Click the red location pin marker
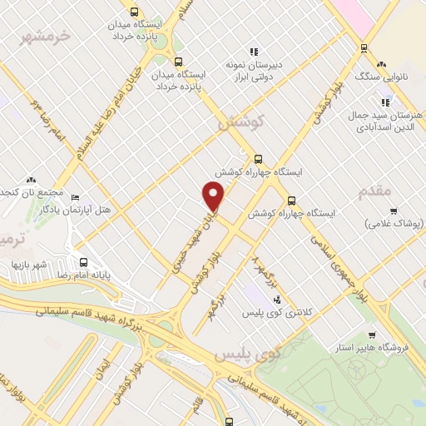click(x=215, y=196)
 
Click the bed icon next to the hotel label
click(x=76, y=198)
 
